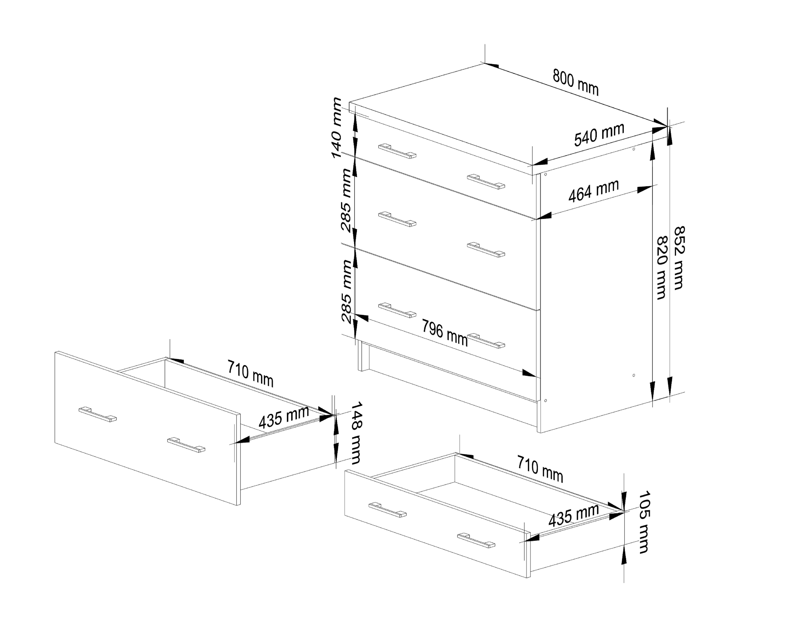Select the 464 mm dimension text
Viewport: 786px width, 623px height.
593,191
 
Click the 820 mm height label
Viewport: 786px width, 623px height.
662,268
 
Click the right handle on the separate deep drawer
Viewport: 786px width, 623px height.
186,445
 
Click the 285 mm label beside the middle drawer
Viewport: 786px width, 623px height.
346,201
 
